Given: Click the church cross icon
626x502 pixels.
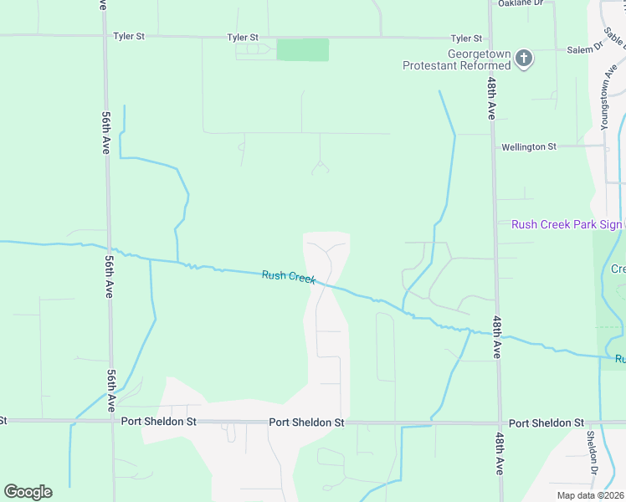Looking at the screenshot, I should [524, 59].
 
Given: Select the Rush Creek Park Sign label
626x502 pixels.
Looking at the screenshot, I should [567, 224].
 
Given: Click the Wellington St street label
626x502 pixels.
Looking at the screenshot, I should [528, 146].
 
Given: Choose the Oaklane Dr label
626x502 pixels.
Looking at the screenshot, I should [521, 3].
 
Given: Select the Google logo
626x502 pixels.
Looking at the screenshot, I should [28, 491].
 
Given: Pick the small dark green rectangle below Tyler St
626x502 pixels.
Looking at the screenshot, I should [302, 49].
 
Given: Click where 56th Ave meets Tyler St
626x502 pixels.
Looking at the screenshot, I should [104, 36].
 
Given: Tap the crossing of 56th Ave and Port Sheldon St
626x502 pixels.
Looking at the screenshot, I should [111, 421].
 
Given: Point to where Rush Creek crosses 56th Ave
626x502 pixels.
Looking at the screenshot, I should [108, 248].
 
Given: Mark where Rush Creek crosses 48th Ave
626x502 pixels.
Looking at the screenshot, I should [495, 335].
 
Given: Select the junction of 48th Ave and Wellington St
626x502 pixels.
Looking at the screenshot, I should [493, 146].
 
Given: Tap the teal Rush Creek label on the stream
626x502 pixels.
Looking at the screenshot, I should [288, 276].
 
